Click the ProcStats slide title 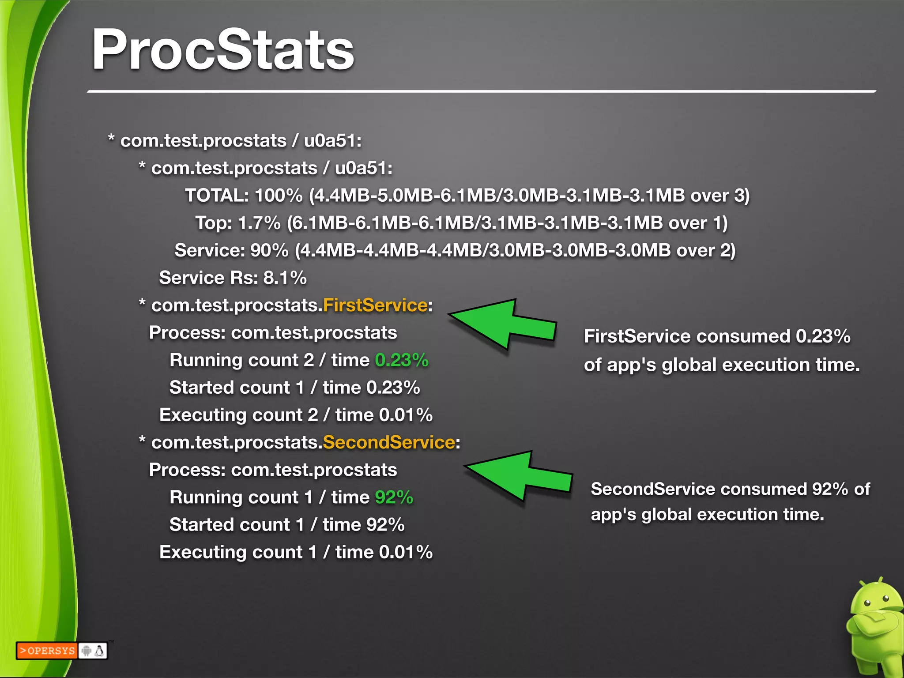(223, 49)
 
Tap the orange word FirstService (375, 305)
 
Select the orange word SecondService (388, 442)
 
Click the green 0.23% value (402, 360)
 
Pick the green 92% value (394, 497)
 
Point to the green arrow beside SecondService (519, 476)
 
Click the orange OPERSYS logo (47, 651)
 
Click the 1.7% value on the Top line (259, 223)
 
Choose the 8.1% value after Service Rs (285, 278)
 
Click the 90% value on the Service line (269, 251)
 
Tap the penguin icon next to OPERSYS (100, 651)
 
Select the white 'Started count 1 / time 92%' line (287, 525)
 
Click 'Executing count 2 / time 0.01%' (296, 415)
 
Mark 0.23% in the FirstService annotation (823, 336)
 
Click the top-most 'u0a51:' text (333, 141)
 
